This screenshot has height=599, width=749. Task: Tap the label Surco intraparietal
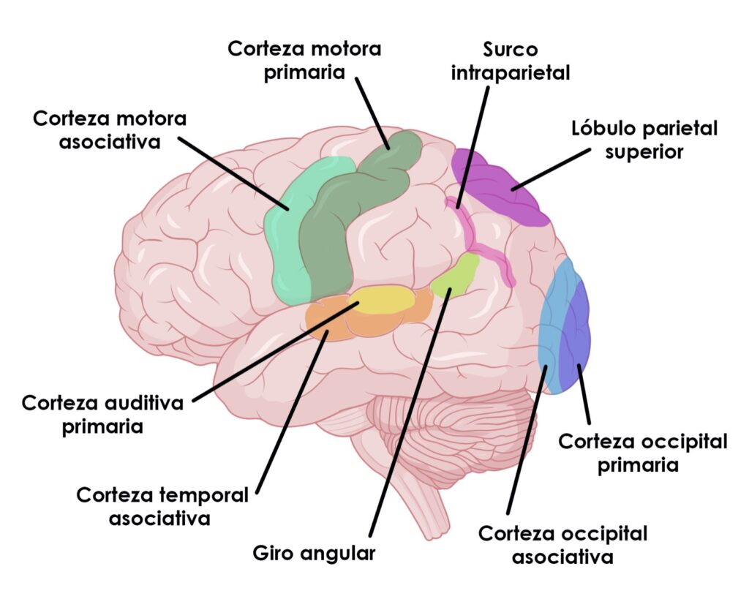tap(510, 61)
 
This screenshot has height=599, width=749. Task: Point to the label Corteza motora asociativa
tap(110, 129)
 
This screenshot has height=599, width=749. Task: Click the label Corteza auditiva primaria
tap(102, 415)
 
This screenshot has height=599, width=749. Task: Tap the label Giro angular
tap(314, 553)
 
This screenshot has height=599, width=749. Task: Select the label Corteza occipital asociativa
tap(562, 545)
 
